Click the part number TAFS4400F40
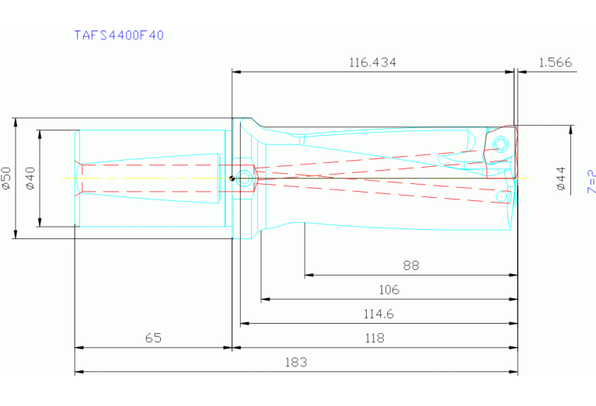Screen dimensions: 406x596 click(119, 35)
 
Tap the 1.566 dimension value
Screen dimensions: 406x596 click(555, 62)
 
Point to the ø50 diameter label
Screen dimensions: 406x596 click(6, 178)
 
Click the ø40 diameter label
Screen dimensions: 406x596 click(30, 178)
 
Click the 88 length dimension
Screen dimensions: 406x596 click(411, 265)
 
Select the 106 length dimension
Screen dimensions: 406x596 click(389, 290)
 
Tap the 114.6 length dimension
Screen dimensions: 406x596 click(378, 314)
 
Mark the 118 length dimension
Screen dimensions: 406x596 click(375, 338)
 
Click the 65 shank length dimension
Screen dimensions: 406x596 click(153, 338)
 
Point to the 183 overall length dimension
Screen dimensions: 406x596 click(296, 362)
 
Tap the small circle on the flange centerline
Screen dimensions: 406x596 click(244, 178)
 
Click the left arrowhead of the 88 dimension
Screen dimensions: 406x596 click(308, 275)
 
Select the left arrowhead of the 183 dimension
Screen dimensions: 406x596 click(78, 371)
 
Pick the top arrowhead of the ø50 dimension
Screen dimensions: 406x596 click(16, 121)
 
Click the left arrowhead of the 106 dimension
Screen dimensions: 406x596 click(264, 299)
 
